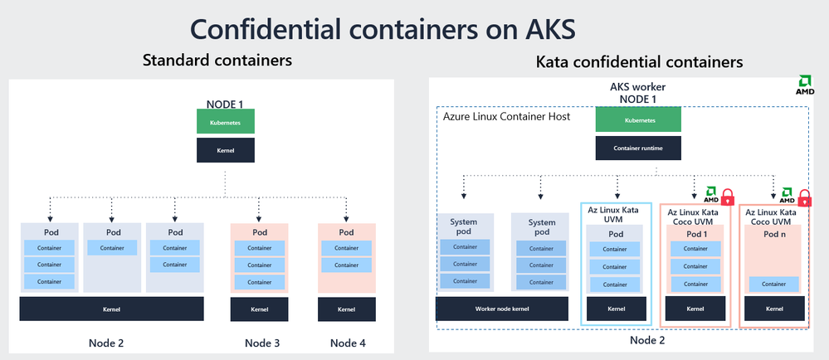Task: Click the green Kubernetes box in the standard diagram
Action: pyautogui.click(x=225, y=121)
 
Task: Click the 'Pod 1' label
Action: pyautogui.click(x=696, y=234)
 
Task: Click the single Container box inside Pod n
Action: pyautogui.click(x=773, y=284)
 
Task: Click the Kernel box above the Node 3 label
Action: pyautogui.click(x=259, y=309)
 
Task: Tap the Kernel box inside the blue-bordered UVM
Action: pyautogui.click(x=616, y=309)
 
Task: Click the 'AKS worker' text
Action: pyautogui.click(x=638, y=87)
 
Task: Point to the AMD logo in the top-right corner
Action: pyautogui.click(x=804, y=85)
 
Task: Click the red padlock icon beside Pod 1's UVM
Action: pyautogui.click(x=728, y=197)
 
